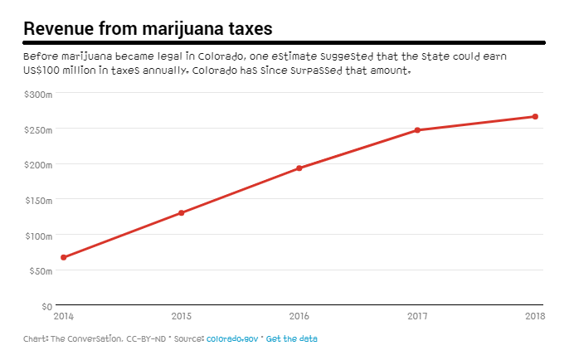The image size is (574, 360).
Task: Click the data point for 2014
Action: pyautogui.click(x=63, y=257)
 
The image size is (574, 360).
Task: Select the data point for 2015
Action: pyautogui.click(x=181, y=213)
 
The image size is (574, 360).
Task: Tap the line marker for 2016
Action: pyautogui.click(x=299, y=168)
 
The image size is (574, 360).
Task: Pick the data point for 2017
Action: pyautogui.click(x=417, y=130)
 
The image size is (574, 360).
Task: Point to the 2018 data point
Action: pyautogui.click(x=535, y=117)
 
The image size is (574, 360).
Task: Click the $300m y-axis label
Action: pyautogui.click(x=38, y=95)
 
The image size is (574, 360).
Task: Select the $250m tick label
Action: pyautogui.click(x=38, y=129)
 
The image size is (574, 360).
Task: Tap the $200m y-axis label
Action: pyautogui.click(x=38, y=165)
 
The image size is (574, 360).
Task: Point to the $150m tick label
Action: pyautogui.click(x=38, y=200)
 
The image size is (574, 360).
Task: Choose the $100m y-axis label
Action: pyautogui.click(x=38, y=236)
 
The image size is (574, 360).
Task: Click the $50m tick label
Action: pyautogui.click(x=40, y=270)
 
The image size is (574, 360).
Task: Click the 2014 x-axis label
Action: pyautogui.click(x=63, y=316)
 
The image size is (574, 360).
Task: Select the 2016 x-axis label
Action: pyautogui.click(x=299, y=316)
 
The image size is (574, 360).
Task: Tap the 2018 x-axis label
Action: pyautogui.click(x=534, y=316)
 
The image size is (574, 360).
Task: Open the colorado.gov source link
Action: pyautogui.click(x=232, y=339)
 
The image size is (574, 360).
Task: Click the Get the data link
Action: pyautogui.click(x=291, y=339)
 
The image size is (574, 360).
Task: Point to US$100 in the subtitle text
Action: pyautogui.click(x=42, y=71)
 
